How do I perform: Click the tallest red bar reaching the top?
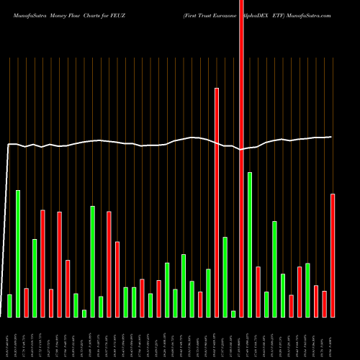(241, 144)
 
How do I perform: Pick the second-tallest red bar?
(217, 202)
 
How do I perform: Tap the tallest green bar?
(250, 244)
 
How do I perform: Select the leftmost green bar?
(9, 305)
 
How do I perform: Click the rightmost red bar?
(333, 255)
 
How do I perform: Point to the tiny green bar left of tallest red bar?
(233, 313)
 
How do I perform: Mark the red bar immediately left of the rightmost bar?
(324, 304)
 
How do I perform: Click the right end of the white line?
(331, 137)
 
